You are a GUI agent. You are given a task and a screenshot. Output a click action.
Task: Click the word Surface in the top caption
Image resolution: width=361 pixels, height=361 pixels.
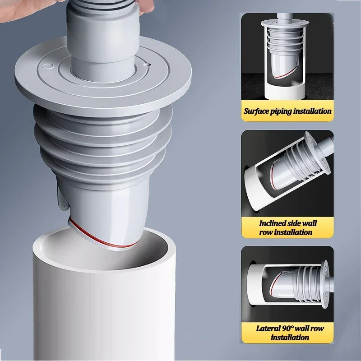coord(257,111)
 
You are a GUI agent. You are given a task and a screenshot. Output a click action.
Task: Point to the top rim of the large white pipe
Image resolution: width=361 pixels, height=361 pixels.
coord(104,235)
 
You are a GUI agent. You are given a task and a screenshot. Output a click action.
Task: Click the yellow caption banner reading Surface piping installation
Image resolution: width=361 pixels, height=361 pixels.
coord(287,111)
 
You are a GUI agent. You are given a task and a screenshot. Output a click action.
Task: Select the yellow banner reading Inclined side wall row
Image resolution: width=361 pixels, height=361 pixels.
coord(287,227)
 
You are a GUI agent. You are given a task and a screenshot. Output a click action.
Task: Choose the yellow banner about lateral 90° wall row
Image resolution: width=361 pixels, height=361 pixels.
coord(287,333)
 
